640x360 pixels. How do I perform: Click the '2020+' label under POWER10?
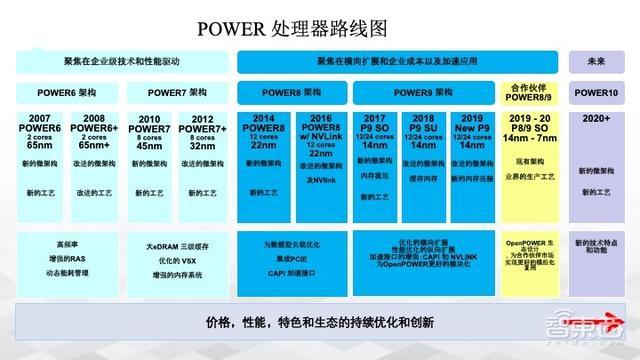click(597, 118)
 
